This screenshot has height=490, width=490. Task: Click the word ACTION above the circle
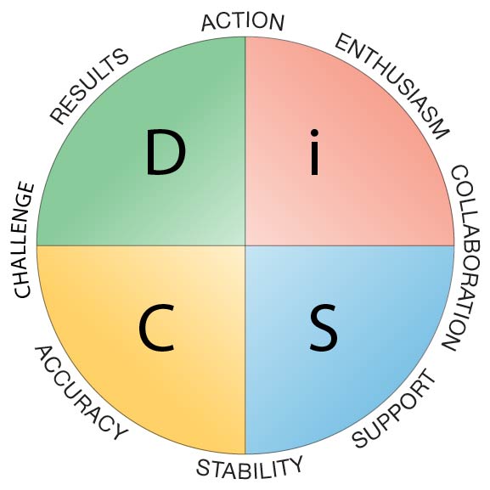coord(243,22)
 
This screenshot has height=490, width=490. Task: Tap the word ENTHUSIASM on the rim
coord(392,87)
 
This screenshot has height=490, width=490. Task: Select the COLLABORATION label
coord(462,258)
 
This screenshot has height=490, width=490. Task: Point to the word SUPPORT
coord(394,408)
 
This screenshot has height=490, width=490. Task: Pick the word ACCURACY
coord(82,393)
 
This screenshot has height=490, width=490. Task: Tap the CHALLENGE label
coord(24,239)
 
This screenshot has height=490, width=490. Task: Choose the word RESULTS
coord(89,87)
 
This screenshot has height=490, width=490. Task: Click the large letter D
coord(166,152)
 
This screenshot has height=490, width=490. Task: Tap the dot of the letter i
coord(314,132)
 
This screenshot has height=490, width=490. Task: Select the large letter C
coord(156,328)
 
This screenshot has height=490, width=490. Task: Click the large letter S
coord(324,328)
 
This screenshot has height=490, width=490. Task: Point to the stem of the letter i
coord(314,159)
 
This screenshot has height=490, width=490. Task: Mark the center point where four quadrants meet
coord(245,245)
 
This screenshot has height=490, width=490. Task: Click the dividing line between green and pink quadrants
coord(245,141)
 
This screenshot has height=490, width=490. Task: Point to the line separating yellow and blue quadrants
coord(245,350)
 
